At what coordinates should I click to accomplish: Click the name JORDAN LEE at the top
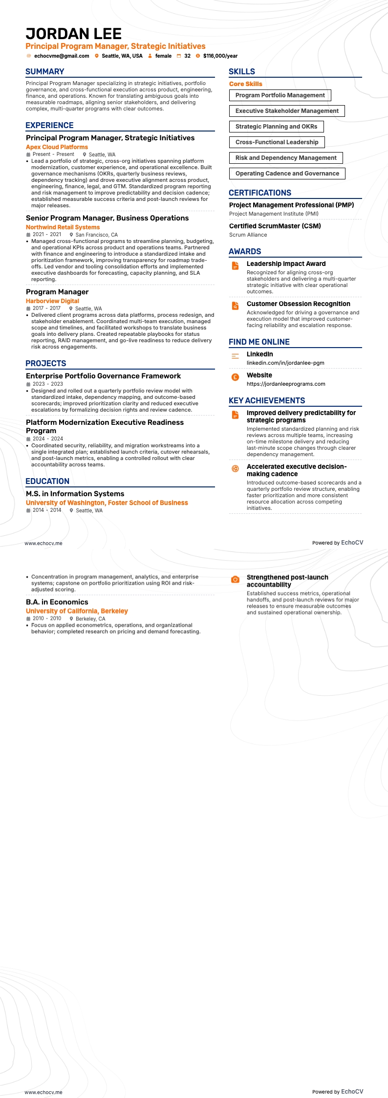(x=73, y=34)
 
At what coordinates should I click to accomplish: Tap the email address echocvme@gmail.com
(x=62, y=56)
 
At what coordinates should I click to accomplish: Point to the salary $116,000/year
(x=220, y=56)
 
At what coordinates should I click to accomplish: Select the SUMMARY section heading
(x=45, y=71)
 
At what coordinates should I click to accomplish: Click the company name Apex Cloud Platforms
(x=57, y=147)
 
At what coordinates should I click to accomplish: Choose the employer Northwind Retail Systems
(x=63, y=227)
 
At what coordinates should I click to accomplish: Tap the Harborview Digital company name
(x=52, y=301)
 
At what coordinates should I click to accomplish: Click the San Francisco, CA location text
(x=96, y=235)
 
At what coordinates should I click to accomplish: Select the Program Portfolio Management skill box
(x=280, y=95)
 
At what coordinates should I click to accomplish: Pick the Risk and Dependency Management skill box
(x=286, y=158)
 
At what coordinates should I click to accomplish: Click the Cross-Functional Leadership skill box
(x=277, y=142)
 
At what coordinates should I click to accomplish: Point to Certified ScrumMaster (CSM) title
(x=275, y=226)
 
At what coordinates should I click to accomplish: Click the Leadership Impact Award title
(x=286, y=264)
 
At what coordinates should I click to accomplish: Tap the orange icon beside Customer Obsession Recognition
(x=235, y=306)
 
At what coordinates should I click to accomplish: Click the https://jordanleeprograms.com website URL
(x=286, y=384)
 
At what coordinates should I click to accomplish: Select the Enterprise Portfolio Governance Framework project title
(x=103, y=376)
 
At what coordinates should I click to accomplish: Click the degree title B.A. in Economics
(x=57, y=602)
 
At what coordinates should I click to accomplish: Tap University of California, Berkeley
(x=77, y=611)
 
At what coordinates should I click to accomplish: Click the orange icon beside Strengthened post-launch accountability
(x=235, y=579)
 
